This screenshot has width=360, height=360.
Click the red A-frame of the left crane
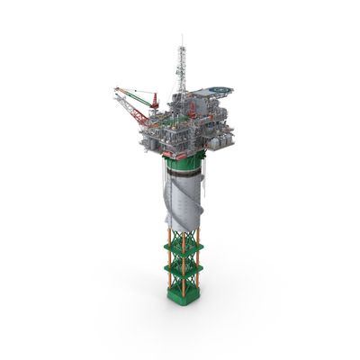(154, 100)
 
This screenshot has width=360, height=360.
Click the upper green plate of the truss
(184, 245)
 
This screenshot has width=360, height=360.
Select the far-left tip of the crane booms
(115, 90)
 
